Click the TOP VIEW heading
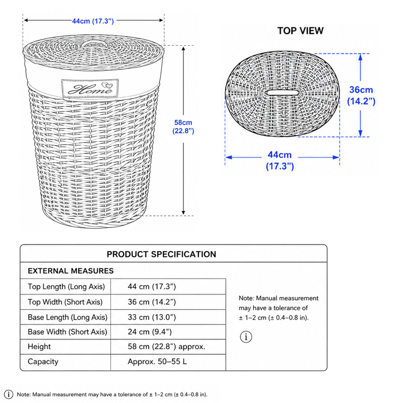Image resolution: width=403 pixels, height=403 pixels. tap(300, 31)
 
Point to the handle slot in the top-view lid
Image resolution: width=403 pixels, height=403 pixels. tap(282, 93)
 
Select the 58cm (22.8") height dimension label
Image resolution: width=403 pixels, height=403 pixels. tap(183, 127)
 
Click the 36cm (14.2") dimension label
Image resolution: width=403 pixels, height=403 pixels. tap(361, 95)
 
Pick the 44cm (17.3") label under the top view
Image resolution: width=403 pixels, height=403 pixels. tap(280, 160)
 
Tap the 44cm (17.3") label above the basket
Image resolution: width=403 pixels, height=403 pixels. tap(93, 21)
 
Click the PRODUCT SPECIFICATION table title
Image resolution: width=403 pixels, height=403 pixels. tap(161, 254)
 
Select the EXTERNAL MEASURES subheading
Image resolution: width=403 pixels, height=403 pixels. tap(71, 271)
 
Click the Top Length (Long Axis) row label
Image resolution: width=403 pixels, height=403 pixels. tap(66, 286)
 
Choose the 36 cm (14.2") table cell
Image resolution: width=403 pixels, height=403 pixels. tap(152, 302)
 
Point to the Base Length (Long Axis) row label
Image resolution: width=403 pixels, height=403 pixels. tap(67, 317)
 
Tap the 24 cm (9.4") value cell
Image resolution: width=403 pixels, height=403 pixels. tap(150, 332)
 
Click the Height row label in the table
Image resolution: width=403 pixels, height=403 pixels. tap(39, 347)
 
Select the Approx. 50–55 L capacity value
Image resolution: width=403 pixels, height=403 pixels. tap(157, 361)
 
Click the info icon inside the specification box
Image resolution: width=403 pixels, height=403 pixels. tap(246, 337)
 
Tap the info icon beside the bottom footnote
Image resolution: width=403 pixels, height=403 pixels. tap(9, 394)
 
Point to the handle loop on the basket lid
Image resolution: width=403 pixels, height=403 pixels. tap(91, 43)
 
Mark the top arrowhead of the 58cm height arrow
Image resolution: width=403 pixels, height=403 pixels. tap(184, 49)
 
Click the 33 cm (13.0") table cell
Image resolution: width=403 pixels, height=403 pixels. tap(152, 317)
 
